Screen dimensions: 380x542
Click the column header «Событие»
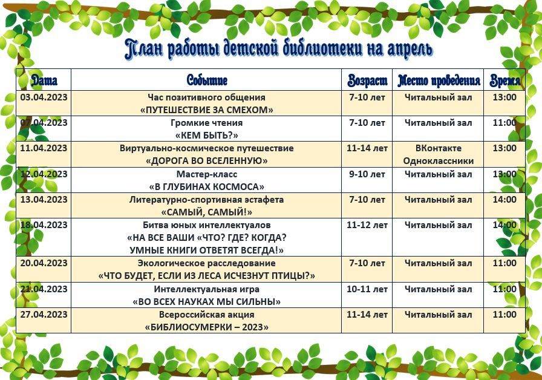[207, 80]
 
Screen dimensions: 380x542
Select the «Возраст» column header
[367, 80]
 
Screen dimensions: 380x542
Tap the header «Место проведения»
[439, 80]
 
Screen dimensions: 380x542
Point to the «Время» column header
[504, 80]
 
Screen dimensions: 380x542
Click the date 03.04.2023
[44, 97]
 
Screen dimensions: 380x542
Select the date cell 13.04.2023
[44, 199]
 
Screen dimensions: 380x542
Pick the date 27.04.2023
[44, 314]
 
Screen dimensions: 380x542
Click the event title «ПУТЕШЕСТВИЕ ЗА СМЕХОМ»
[207, 110]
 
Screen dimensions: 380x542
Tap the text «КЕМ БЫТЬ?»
[207, 136]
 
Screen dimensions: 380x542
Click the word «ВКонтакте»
[439, 148]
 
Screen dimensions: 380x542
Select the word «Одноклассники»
[439, 161]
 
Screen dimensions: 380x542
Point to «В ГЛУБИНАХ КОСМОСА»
[207, 186]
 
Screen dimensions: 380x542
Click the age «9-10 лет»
[367, 174]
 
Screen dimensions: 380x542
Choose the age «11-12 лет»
[367, 225]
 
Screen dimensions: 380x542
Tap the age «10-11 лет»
[367, 289]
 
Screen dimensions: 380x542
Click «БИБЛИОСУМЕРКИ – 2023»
[207, 327]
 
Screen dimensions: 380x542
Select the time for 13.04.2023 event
[504, 199]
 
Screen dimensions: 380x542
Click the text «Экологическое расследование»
[207, 263]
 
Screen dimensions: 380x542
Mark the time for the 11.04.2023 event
[504, 148]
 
